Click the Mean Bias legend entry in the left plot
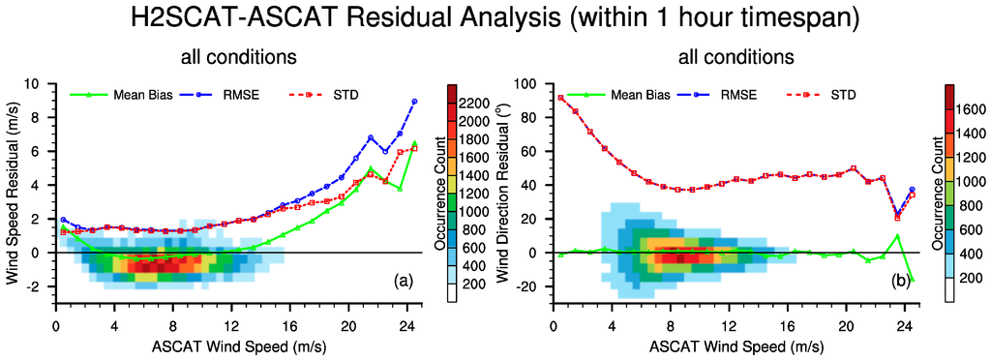point(106,96)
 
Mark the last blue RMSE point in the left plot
point(414,101)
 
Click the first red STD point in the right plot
point(560,98)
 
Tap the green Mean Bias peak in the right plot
point(898,235)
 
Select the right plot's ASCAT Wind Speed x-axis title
point(736,346)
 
